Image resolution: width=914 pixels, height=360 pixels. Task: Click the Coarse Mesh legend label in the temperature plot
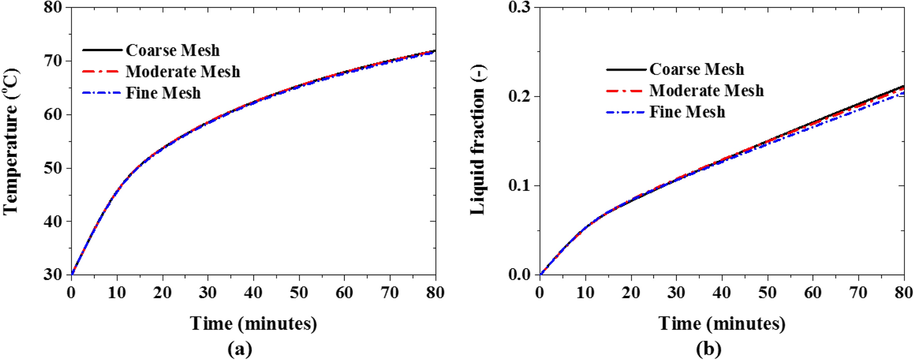pyautogui.click(x=173, y=51)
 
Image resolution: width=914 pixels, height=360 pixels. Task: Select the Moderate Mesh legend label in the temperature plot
pyautogui.click(x=183, y=72)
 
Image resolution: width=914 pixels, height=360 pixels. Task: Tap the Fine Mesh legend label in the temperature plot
pyautogui.click(x=163, y=93)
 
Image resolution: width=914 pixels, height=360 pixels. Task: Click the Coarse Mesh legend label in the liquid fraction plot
pyautogui.click(x=696, y=70)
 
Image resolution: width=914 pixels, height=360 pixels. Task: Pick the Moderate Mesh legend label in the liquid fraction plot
pyautogui.click(x=706, y=91)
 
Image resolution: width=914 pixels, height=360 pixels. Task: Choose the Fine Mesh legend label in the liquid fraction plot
pyautogui.click(x=687, y=112)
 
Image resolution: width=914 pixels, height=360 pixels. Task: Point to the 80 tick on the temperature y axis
pyautogui.click(x=53, y=8)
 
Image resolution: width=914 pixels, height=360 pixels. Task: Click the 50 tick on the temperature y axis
pyautogui.click(x=53, y=168)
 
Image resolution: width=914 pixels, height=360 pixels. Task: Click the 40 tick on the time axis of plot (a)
pyautogui.click(x=253, y=293)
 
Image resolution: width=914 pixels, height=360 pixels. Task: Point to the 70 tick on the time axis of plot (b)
pyautogui.click(x=858, y=293)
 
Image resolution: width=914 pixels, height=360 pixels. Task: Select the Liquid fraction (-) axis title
pyautogui.click(x=478, y=141)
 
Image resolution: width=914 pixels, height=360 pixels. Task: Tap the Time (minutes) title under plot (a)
pyautogui.click(x=253, y=324)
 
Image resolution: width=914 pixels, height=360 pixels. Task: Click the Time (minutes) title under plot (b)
pyautogui.click(x=722, y=324)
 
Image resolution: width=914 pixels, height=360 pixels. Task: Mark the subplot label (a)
pyautogui.click(x=240, y=350)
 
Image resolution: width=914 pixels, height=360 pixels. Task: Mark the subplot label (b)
pyautogui.click(x=708, y=350)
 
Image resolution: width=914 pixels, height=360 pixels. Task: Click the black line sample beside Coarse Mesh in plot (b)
pyautogui.click(x=626, y=69)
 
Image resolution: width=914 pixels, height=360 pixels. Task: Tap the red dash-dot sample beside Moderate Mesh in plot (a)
pyautogui.click(x=102, y=71)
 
